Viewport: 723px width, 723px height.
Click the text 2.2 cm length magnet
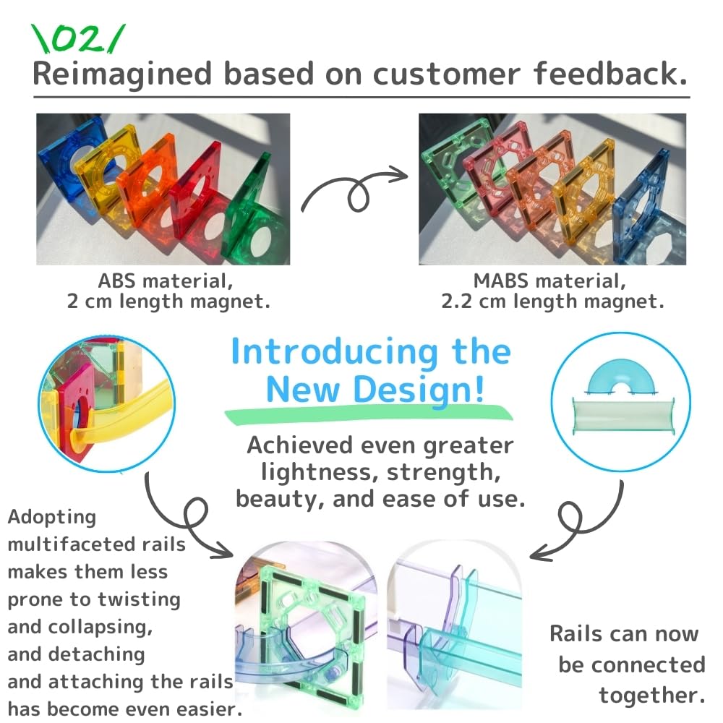pyautogui.click(x=552, y=301)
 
